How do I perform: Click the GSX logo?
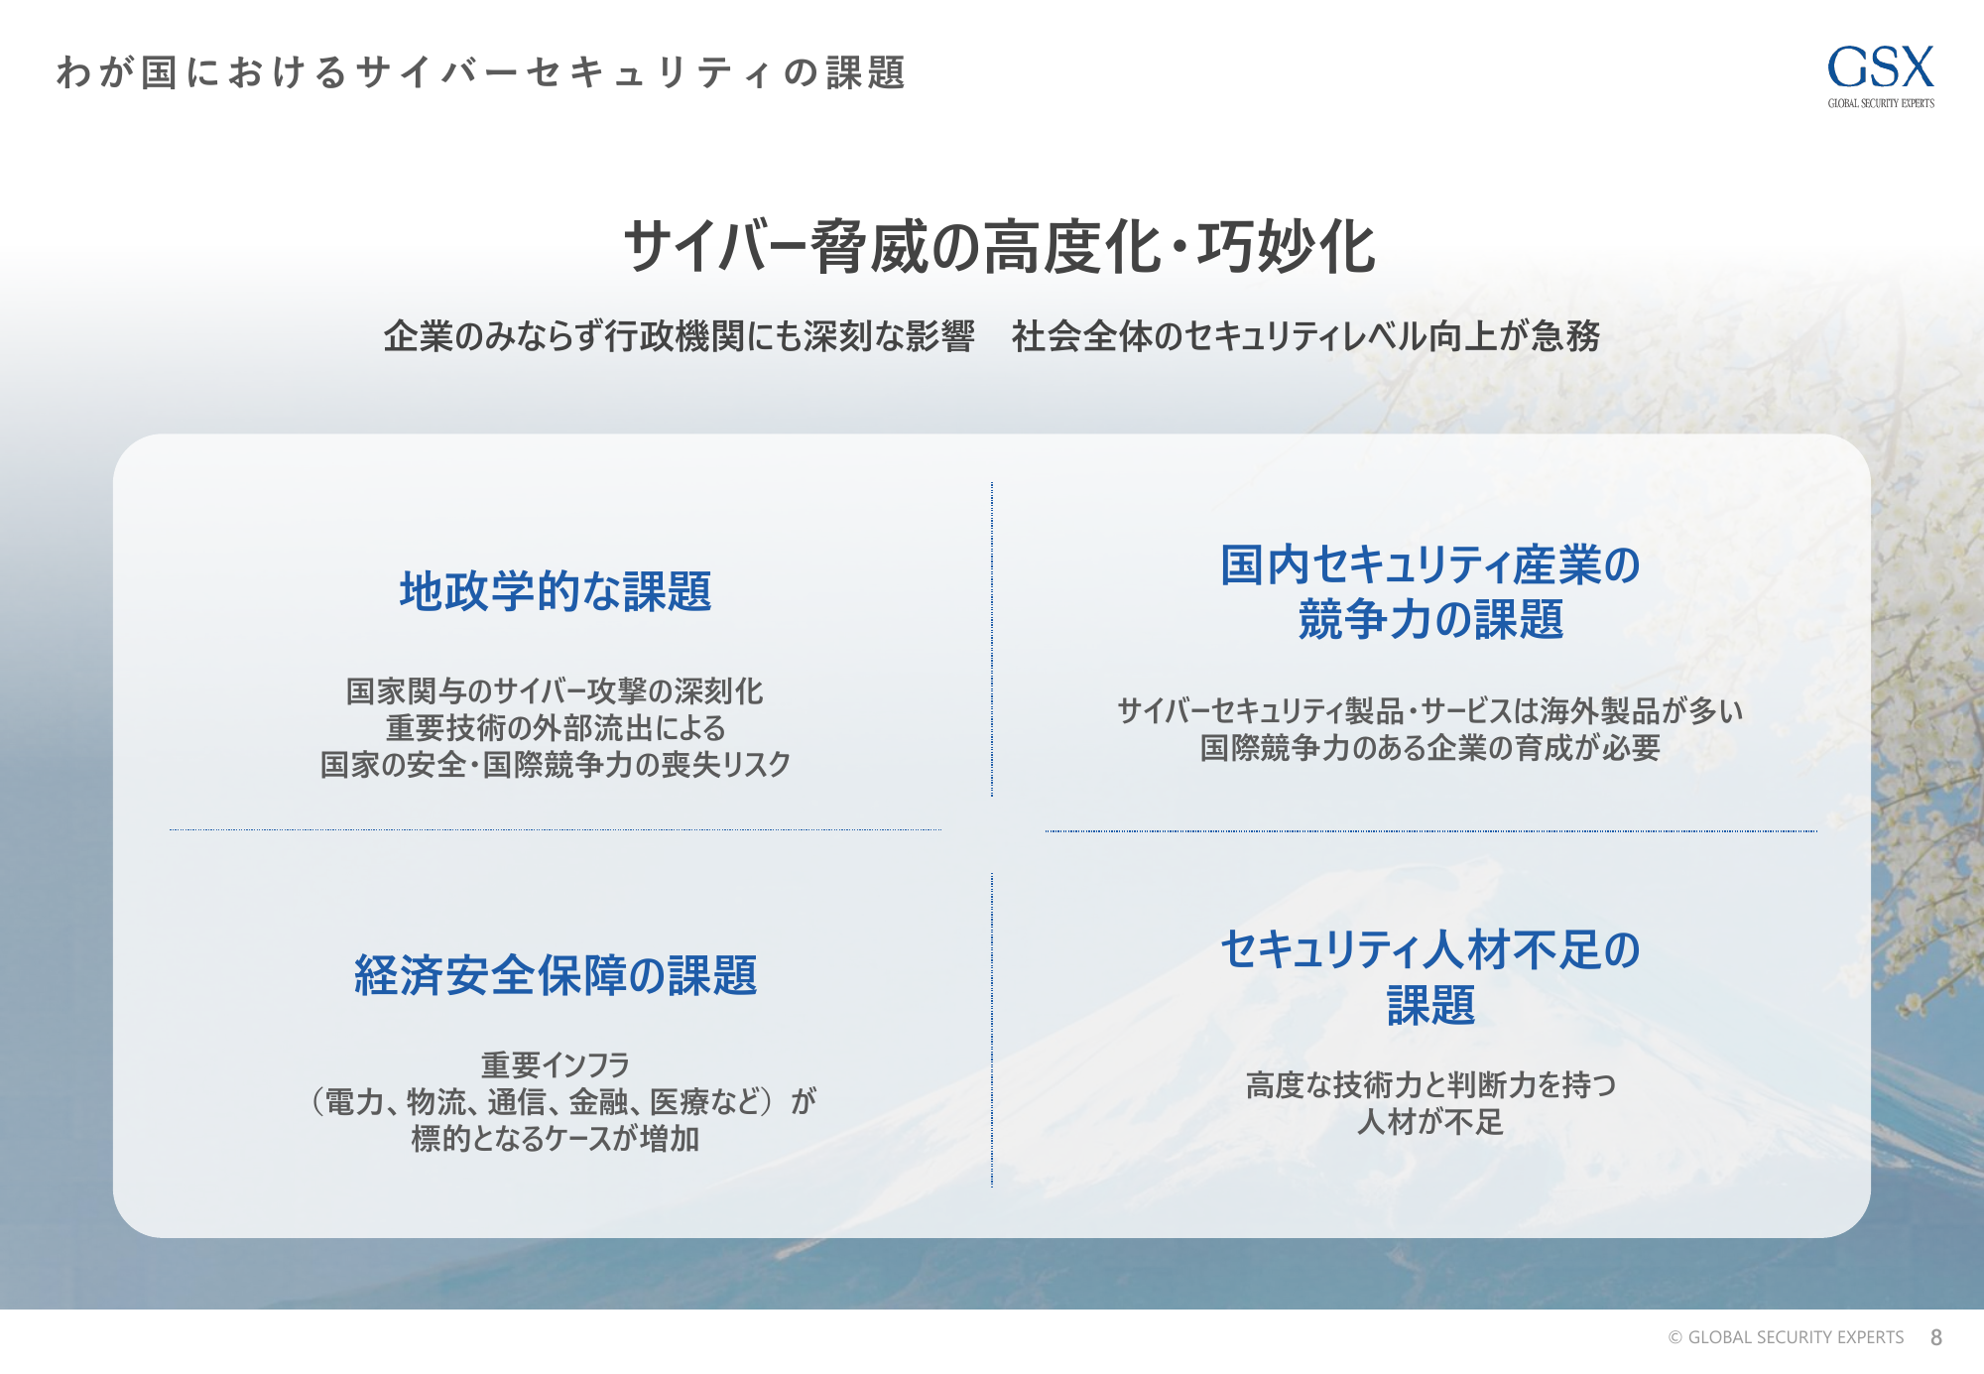click(1881, 75)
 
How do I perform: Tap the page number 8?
click(1935, 1337)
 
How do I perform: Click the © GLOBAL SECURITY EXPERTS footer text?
click(1786, 1337)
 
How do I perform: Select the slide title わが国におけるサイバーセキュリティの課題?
click(481, 72)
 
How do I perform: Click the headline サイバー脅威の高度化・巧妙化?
click(1000, 246)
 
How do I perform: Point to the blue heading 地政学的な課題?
click(556, 591)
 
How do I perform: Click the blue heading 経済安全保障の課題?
click(556, 975)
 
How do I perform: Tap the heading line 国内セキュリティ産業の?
click(1430, 564)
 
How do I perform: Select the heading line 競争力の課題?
click(1430, 620)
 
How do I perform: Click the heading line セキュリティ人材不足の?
click(1430, 949)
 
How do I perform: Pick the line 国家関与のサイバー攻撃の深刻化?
click(555, 690)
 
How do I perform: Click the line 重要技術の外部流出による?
click(556, 727)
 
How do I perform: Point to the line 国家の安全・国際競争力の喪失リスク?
click(556, 764)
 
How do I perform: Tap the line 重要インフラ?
click(556, 1064)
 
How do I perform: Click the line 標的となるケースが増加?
click(556, 1138)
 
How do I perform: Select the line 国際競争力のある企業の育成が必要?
click(1430, 747)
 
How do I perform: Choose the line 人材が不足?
click(1430, 1122)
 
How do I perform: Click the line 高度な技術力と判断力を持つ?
click(1430, 1084)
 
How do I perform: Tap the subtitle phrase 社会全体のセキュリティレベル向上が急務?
click(1305, 336)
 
